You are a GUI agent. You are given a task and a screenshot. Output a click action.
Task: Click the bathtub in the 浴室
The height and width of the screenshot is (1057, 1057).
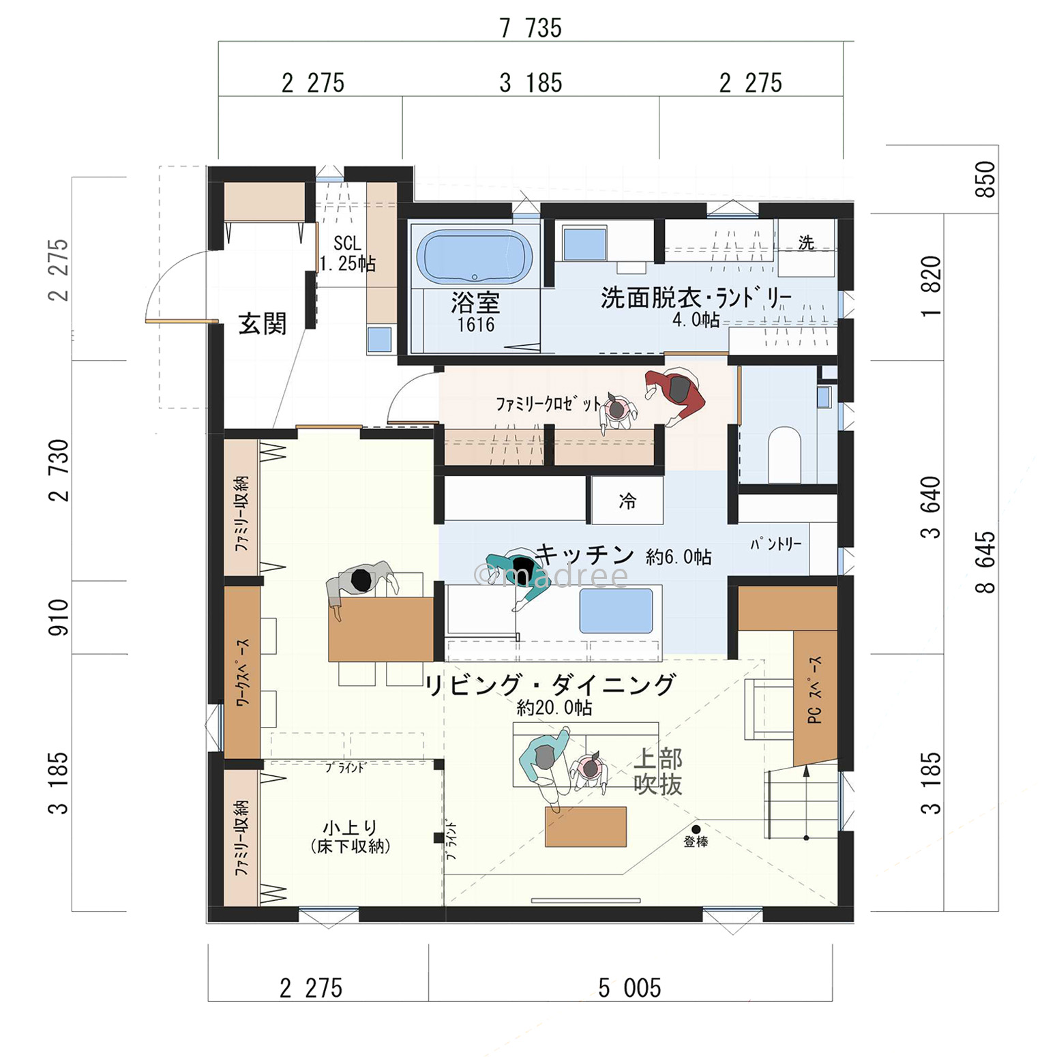(x=475, y=257)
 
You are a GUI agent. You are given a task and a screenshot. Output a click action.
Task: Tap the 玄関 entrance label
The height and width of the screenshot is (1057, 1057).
(x=263, y=323)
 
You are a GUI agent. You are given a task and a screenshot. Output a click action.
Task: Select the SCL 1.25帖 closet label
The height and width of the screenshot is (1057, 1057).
(x=348, y=254)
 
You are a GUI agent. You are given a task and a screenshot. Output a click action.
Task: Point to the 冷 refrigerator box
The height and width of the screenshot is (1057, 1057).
(x=627, y=501)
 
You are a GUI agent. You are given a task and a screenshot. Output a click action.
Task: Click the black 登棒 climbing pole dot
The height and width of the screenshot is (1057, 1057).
(x=696, y=829)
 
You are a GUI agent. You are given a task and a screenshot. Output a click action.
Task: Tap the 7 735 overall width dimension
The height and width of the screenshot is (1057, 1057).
(x=531, y=28)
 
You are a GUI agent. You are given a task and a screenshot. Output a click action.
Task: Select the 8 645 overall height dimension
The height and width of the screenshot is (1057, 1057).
(x=985, y=563)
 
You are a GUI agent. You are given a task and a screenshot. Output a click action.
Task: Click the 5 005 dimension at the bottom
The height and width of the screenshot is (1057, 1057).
(x=629, y=987)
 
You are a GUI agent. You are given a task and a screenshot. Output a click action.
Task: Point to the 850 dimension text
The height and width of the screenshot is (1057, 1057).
(x=985, y=179)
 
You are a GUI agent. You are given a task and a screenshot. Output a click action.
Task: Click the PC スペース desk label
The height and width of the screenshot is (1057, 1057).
(x=814, y=689)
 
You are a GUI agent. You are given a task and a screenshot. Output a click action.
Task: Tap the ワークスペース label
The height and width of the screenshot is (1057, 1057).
(x=243, y=672)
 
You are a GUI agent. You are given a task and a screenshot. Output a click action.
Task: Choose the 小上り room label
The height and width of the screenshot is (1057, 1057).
(x=350, y=828)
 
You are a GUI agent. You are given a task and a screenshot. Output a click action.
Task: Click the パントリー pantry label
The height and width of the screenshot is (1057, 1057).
(x=776, y=544)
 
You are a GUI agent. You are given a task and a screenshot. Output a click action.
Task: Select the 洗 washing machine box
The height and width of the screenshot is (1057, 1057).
(x=807, y=247)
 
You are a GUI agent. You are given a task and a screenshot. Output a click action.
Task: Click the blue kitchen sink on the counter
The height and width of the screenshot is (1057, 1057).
(x=616, y=610)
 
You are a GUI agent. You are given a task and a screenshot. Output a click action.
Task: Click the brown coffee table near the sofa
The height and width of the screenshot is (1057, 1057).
(x=586, y=827)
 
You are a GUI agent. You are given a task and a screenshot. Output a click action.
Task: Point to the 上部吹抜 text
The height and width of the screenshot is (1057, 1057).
(x=658, y=771)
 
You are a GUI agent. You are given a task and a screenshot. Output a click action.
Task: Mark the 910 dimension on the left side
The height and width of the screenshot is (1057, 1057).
(x=59, y=617)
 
